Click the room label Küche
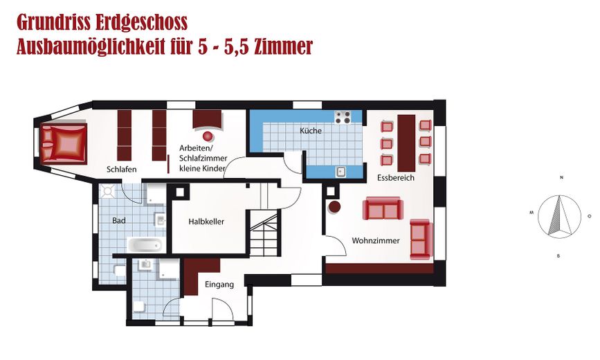(x=311, y=131)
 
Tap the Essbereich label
(x=396, y=178)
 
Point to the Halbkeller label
(x=207, y=222)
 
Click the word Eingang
(x=219, y=285)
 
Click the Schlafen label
(x=122, y=170)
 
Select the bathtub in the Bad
(x=144, y=244)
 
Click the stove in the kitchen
(x=343, y=118)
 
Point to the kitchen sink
(x=340, y=171)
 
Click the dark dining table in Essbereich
(x=406, y=143)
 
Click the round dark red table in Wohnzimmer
(x=334, y=206)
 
